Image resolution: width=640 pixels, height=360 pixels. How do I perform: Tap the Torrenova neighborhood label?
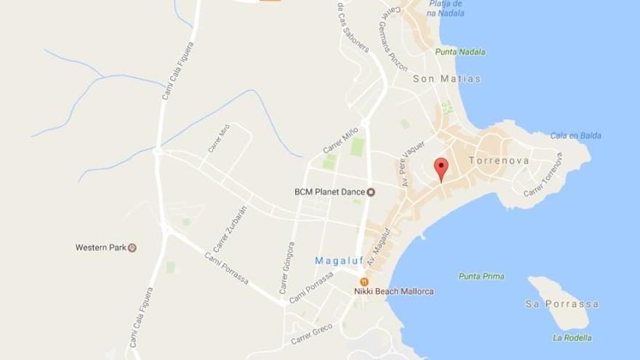click(498, 160)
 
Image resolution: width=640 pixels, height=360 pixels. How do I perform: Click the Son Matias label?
click(447, 79)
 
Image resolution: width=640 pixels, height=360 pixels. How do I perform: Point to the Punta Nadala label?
click(460, 52)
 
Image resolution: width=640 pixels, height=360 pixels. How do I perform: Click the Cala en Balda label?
click(575, 135)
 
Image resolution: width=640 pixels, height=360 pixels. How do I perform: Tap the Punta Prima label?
click(481, 276)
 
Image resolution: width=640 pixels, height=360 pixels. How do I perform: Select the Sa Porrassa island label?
click(562, 304)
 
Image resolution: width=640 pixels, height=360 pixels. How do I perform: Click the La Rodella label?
click(572, 337)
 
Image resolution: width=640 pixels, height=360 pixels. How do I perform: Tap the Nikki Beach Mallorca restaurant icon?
click(364, 281)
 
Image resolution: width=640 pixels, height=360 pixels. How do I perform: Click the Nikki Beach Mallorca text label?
click(393, 292)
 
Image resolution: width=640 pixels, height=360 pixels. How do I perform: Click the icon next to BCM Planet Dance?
click(371, 192)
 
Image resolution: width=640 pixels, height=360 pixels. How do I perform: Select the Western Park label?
click(101, 247)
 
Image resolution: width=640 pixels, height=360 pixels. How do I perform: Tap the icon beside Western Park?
click(132, 247)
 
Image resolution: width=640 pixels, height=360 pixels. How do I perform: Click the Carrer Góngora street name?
click(287, 267)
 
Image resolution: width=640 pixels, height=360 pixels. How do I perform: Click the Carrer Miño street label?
click(340, 140)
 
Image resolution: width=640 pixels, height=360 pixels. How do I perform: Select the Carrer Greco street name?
click(311, 334)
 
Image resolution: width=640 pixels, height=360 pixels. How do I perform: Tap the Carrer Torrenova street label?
click(543, 175)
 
